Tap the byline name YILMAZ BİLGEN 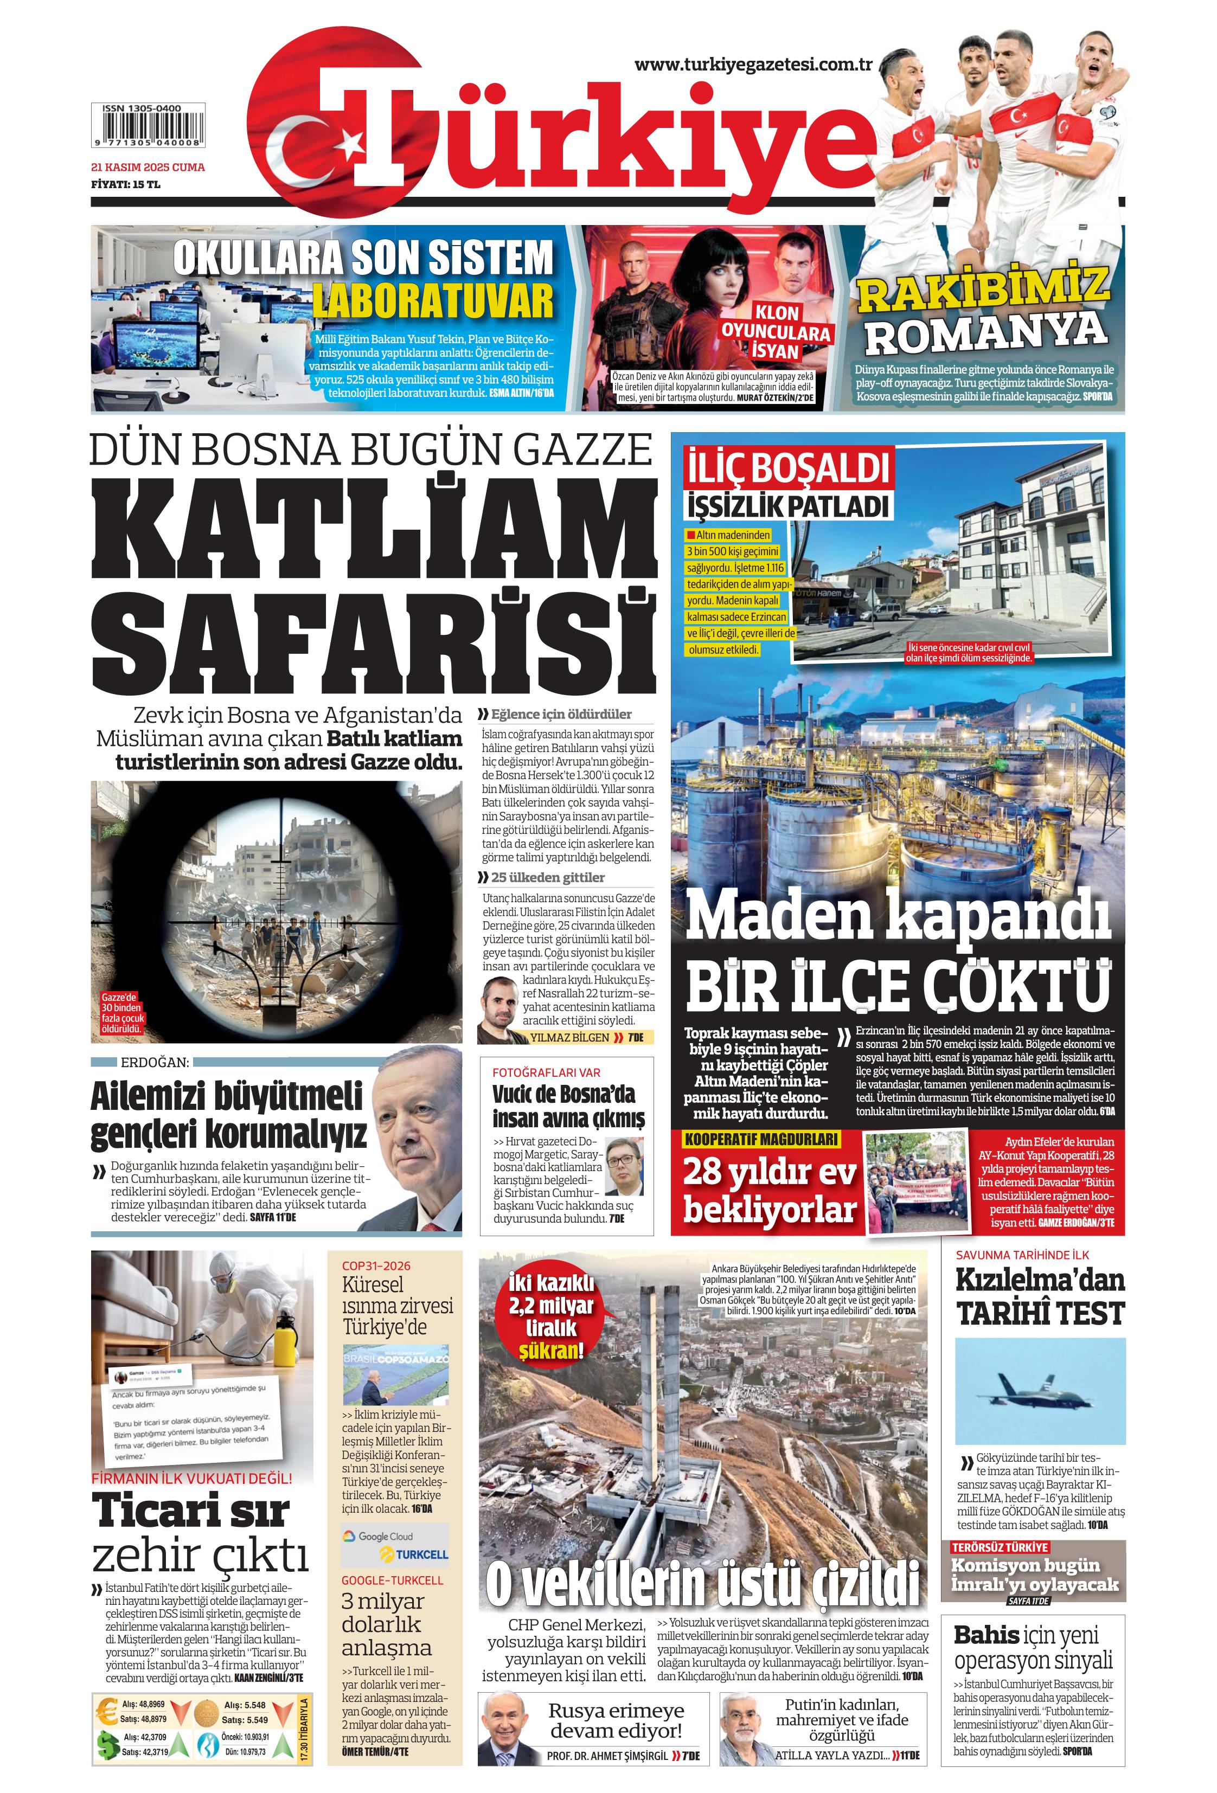tap(571, 1038)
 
